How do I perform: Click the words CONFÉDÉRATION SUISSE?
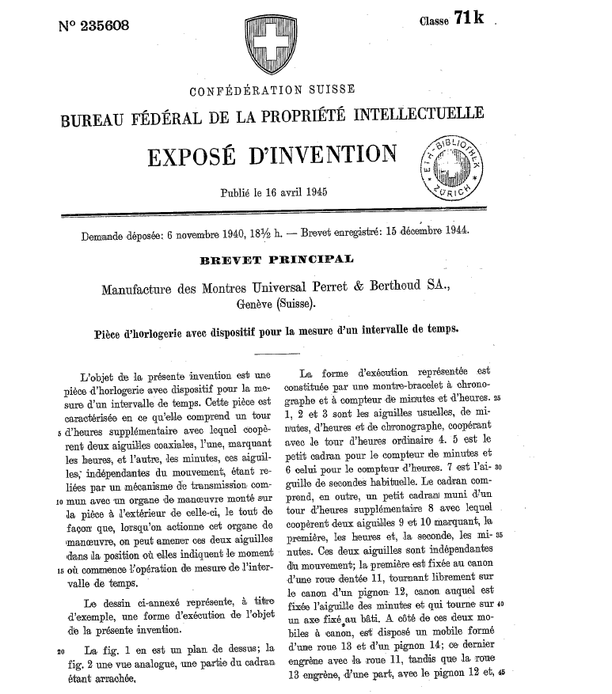[x=268, y=89]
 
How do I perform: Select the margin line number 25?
[x=496, y=396]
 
